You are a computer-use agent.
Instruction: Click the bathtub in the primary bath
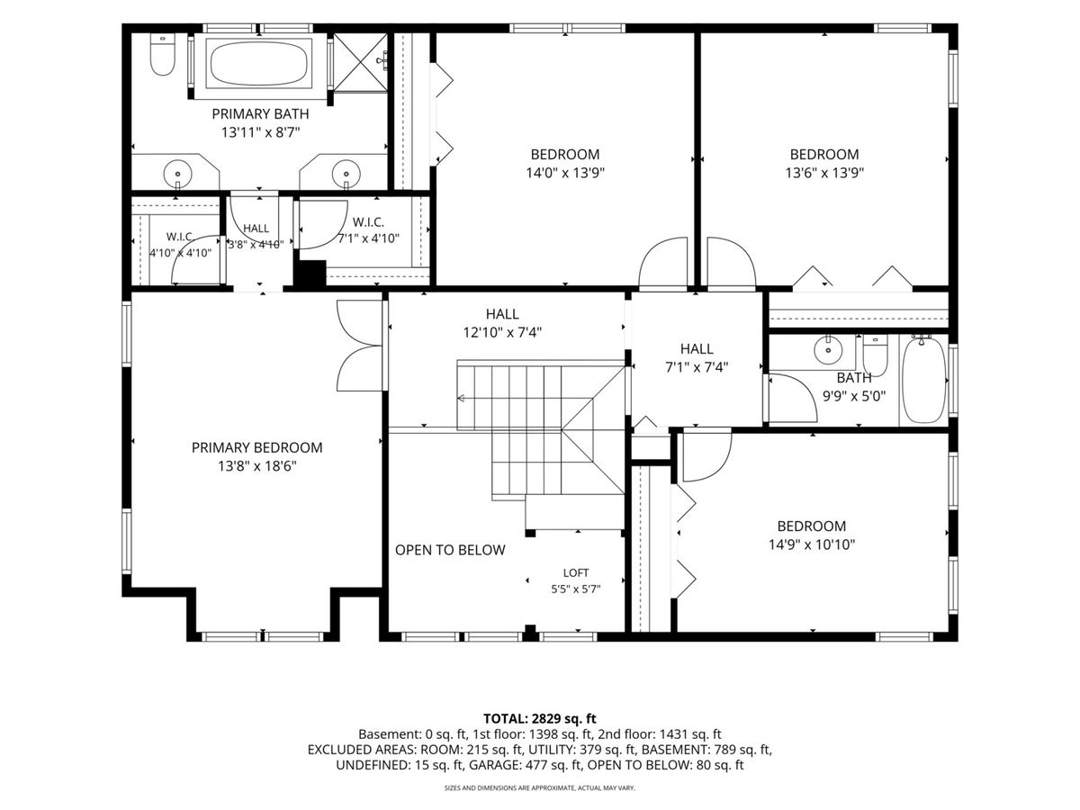click(x=259, y=64)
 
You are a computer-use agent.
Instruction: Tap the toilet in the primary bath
click(x=162, y=55)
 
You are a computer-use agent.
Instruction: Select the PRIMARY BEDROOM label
click(x=256, y=447)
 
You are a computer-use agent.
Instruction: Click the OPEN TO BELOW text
click(x=450, y=550)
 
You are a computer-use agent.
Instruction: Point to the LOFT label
click(x=576, y=573)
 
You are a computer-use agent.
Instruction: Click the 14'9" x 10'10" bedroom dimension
click(x=812, y=544)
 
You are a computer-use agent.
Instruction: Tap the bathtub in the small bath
click(x=924, y=380)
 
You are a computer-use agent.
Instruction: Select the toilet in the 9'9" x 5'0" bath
click(x=876, y=355)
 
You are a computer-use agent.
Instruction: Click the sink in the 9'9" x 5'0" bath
click(x=829, y=350)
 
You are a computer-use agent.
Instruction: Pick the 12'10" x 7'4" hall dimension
click(x=502, y=333)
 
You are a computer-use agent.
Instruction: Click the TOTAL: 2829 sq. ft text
click(x=539, y=719)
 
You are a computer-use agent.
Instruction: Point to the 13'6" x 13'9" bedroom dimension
click(x=824, y=173)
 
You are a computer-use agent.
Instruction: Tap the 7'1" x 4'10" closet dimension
click(x=368, y=238)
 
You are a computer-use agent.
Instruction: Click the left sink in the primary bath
click(x=177, y=174)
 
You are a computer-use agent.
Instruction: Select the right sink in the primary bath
click(x=346, y=174)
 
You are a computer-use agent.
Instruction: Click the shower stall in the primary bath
click(x=360, y=62)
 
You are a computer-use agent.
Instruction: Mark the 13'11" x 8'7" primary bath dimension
click(x=260, y=133)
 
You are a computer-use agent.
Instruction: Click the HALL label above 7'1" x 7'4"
click(x=697, y=349)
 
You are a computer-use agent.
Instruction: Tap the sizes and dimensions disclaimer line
click(x=540, y=788)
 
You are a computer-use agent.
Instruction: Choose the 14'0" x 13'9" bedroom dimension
click(x=565, y=173)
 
